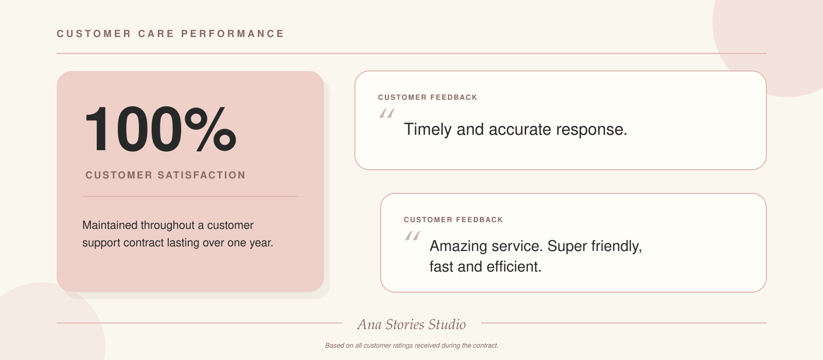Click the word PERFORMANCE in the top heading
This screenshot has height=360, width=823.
232,34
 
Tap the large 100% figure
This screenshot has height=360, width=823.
160,129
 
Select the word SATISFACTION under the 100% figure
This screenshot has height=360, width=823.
202,175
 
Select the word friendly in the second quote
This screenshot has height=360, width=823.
617,246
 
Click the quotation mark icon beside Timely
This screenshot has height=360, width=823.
387,113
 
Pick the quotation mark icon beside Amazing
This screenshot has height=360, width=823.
413,236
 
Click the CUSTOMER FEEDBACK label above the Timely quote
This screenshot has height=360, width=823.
427,97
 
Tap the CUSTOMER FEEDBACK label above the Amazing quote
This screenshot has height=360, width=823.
453,220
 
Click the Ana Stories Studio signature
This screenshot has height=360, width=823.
411,325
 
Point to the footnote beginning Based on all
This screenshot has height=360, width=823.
411,345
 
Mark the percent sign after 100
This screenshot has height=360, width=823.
210,129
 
